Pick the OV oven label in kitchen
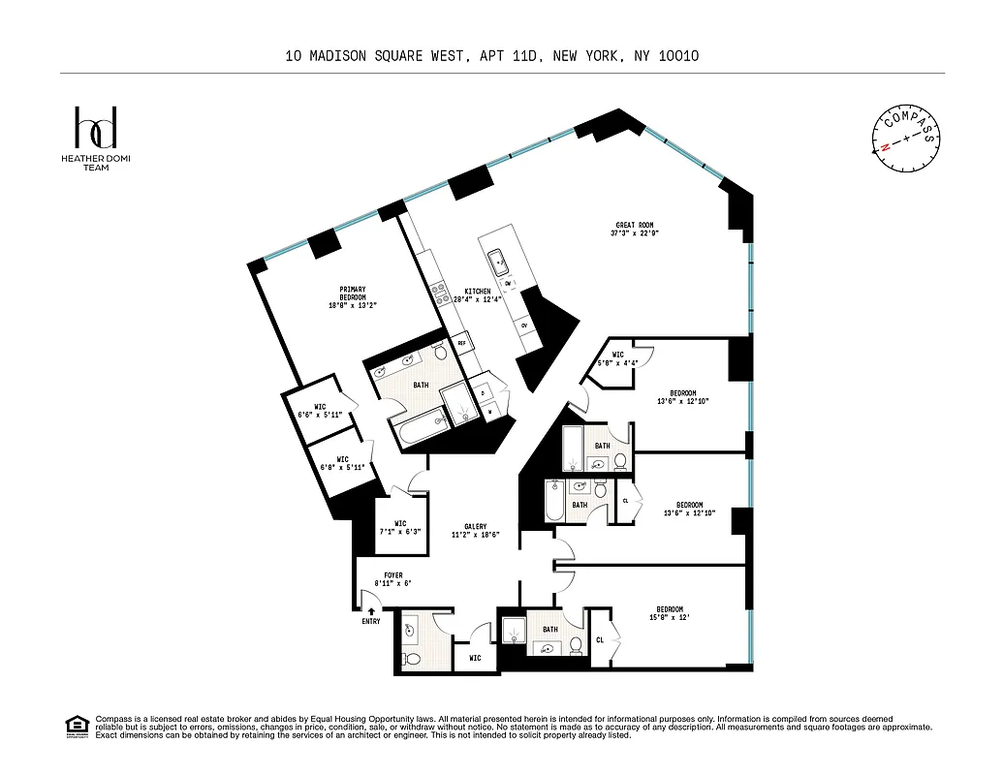524,325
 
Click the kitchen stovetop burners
438,289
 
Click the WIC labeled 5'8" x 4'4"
616,358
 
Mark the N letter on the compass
884,149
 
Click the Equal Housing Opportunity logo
76,725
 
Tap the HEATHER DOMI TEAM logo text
96,163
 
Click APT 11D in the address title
510,56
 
